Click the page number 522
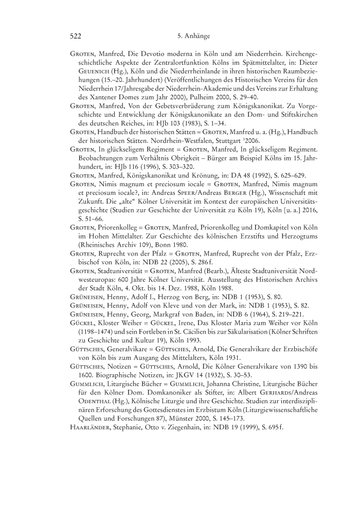[76, 37]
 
